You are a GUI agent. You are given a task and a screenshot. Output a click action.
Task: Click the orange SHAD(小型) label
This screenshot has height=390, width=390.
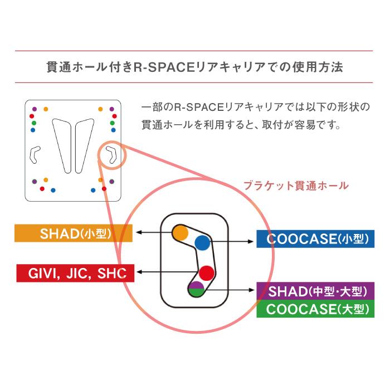click(72, 233)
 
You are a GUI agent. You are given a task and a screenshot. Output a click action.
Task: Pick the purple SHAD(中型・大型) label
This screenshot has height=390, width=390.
click(315, 292)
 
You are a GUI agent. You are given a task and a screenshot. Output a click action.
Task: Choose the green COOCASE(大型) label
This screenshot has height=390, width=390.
click(315, 309)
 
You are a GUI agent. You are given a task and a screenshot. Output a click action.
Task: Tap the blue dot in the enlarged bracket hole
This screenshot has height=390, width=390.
click(202, 242)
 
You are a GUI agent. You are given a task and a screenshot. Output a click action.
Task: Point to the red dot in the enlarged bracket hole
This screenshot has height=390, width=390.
click(207, 273)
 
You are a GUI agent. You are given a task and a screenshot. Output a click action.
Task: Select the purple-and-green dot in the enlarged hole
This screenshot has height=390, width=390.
click(196, 289)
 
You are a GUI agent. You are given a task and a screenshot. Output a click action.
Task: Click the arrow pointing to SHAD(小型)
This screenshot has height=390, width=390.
click(153, 232)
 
